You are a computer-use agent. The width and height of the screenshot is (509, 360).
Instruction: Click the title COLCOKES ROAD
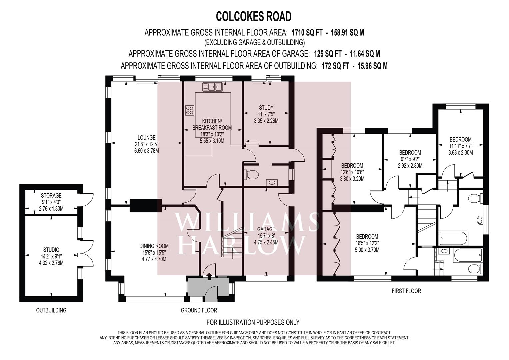pyautogui.click(x=254, y=17)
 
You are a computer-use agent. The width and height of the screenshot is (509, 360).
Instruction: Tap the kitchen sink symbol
pyautogui.click(x=212, y=87)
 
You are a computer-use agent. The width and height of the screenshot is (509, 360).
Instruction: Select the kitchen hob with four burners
pyautogui.click(x=190, y=110)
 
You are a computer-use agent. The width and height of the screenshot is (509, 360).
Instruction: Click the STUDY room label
pyautogui.click(x=266, y=107)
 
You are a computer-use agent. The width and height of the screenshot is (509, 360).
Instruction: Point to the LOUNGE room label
pyautogui.click(x=147, y=137)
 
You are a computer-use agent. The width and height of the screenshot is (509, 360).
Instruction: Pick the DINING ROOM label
pyautogui.click(x=154, y=246)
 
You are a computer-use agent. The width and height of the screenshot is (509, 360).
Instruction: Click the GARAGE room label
pyautogui.click(x=266, y=229)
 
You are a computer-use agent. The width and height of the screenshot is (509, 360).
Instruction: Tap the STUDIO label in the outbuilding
pyautogui.click(x=51, y=250)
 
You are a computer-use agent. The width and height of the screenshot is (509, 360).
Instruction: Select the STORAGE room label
pyautogui.click(x=51, y=195)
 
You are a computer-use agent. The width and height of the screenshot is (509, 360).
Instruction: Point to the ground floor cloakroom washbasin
pyautogui.click(x=272, y=182)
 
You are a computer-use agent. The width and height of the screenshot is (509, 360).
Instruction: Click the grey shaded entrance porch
pyautogui.click(x=208, y=286)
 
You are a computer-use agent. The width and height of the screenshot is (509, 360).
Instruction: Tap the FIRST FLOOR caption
pyautogui.click(x=406, y=291)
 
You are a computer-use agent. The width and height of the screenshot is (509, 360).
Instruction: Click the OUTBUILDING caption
pyautogui.click(x=51, y=310)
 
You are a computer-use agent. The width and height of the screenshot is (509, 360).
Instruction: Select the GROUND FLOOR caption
pyautogui.click(x=199, y=310)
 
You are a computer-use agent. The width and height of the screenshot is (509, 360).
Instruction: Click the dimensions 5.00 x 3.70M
pyautogui.click(x=367, y=250)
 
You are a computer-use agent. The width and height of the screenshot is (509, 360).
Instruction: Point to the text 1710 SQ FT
pyautogui.click(x=307, y=33)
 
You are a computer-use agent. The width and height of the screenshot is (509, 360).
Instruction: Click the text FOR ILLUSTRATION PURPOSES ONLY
pyautogui.click(x=253, y=322)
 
